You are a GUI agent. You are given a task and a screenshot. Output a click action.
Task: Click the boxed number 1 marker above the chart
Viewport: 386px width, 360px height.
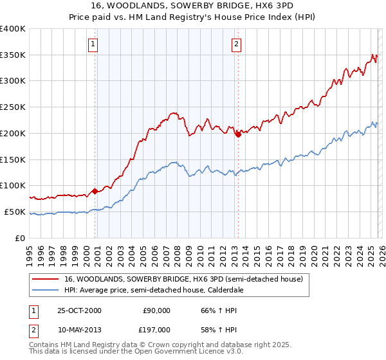(94, 44)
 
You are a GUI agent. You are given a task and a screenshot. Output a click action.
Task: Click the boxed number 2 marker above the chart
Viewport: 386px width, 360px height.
(237, 44)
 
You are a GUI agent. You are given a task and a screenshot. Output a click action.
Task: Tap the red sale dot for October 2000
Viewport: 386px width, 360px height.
(95, 190)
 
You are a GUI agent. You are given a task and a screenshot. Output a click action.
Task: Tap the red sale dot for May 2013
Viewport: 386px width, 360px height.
(238, 134)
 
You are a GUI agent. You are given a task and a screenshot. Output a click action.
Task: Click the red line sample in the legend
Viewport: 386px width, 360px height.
(46, 279)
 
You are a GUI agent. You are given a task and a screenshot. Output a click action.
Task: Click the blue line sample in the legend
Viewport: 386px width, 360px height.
(46, 290)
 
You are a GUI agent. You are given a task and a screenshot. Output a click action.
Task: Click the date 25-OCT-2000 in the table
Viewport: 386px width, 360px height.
(79, 310)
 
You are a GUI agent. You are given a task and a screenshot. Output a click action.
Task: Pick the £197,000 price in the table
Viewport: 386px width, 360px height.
(156, 329)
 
